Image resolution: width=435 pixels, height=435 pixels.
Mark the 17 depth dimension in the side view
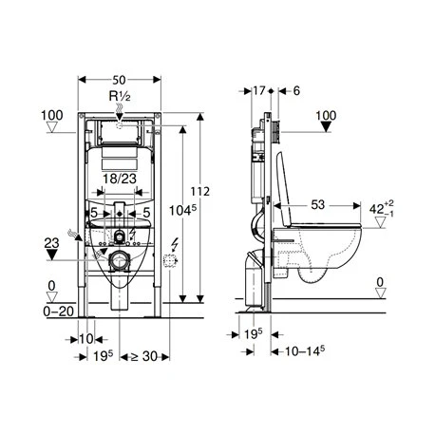(x=259, y=90)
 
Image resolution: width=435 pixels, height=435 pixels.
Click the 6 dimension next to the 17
(x=296, y=90)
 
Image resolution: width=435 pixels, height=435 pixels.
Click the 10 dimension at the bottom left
(x=85, y=338)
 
